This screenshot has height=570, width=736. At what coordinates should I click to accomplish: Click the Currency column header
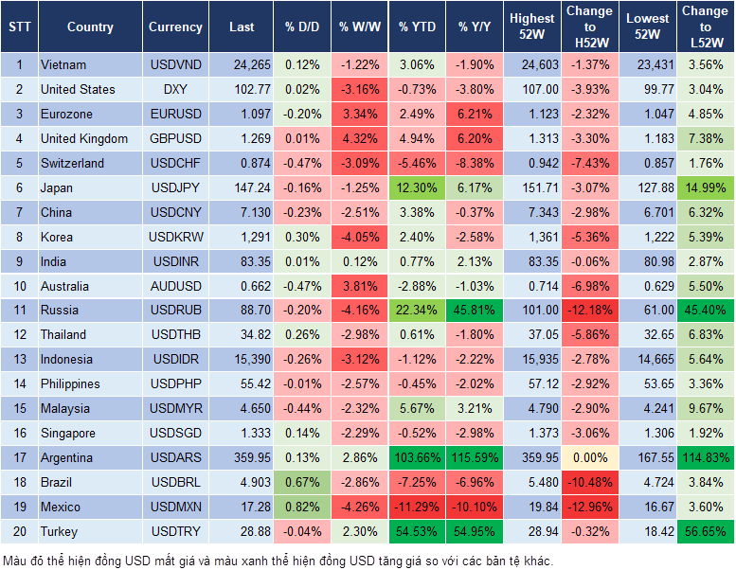(x=175, y=27)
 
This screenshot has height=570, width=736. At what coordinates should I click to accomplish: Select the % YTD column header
(x=417, y=27)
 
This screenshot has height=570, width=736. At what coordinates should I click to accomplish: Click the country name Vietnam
(x=63, y=64)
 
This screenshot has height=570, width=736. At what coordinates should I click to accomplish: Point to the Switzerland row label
(x=72, y=163)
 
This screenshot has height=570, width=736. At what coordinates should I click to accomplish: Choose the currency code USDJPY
(x=175, y=187)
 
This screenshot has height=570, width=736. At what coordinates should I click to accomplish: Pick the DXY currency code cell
(x=175, y=89)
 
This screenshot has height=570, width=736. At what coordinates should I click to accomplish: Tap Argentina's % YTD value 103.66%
(x=417, y=458)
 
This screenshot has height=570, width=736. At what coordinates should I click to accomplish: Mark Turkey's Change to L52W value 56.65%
(x=706, y=532)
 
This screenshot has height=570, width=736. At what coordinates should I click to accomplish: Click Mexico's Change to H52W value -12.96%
(x=588, y=508)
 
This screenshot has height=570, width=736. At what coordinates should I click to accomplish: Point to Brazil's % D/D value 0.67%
(x=301, y=483)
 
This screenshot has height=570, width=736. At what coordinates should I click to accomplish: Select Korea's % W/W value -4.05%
(x=359, y=237)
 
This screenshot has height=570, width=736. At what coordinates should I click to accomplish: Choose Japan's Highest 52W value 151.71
(x=531, y=187)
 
